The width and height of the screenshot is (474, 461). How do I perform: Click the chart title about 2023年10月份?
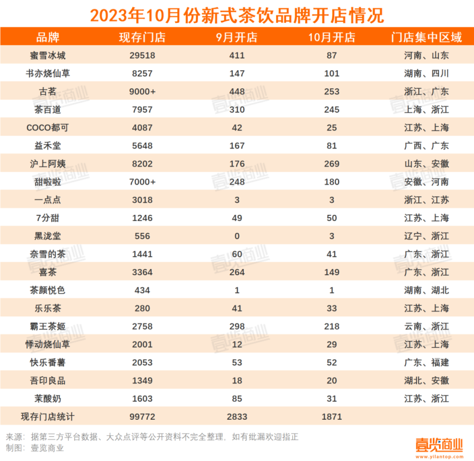click(237, 14)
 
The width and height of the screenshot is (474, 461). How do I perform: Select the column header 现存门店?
click(142, 38)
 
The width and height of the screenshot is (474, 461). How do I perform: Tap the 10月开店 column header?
click(331, 38)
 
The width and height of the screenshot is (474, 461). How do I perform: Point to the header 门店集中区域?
click(426, 38)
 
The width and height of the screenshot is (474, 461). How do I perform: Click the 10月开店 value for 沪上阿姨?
click(331, 164)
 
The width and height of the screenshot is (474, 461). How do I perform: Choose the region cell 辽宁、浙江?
click(426, 236)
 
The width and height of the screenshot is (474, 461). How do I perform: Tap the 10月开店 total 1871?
click(331, 416)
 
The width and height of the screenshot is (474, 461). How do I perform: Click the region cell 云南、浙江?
click(426, 326)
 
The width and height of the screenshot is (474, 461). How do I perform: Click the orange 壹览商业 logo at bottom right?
click(439, 445)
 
